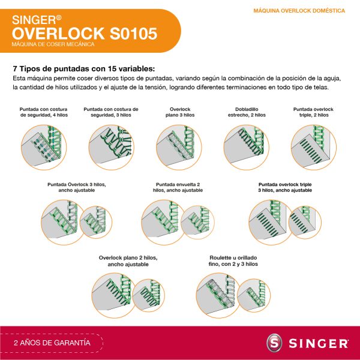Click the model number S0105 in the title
coord(133,34)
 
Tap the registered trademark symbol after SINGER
coord(59,17)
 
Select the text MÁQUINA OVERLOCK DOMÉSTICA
coord(299,11)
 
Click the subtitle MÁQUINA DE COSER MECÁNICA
coord(53,44)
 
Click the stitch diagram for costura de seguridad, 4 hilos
coord(44,148)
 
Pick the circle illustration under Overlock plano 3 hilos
coord(179,148)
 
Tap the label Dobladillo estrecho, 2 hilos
coord(247,112)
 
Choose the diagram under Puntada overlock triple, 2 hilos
coord(314,148)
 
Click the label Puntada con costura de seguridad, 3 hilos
coord(111,112)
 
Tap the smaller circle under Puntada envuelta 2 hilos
coord(197,222)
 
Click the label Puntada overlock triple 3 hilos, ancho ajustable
coord(285,187)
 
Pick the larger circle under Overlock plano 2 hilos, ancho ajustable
coord(114,295)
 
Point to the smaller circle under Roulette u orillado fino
coord(254,295)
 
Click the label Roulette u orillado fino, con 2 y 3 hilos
coord(233,261)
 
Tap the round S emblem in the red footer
coord(274,343)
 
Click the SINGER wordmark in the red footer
coord(319,343)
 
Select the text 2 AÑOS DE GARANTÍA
coord(52,343)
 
